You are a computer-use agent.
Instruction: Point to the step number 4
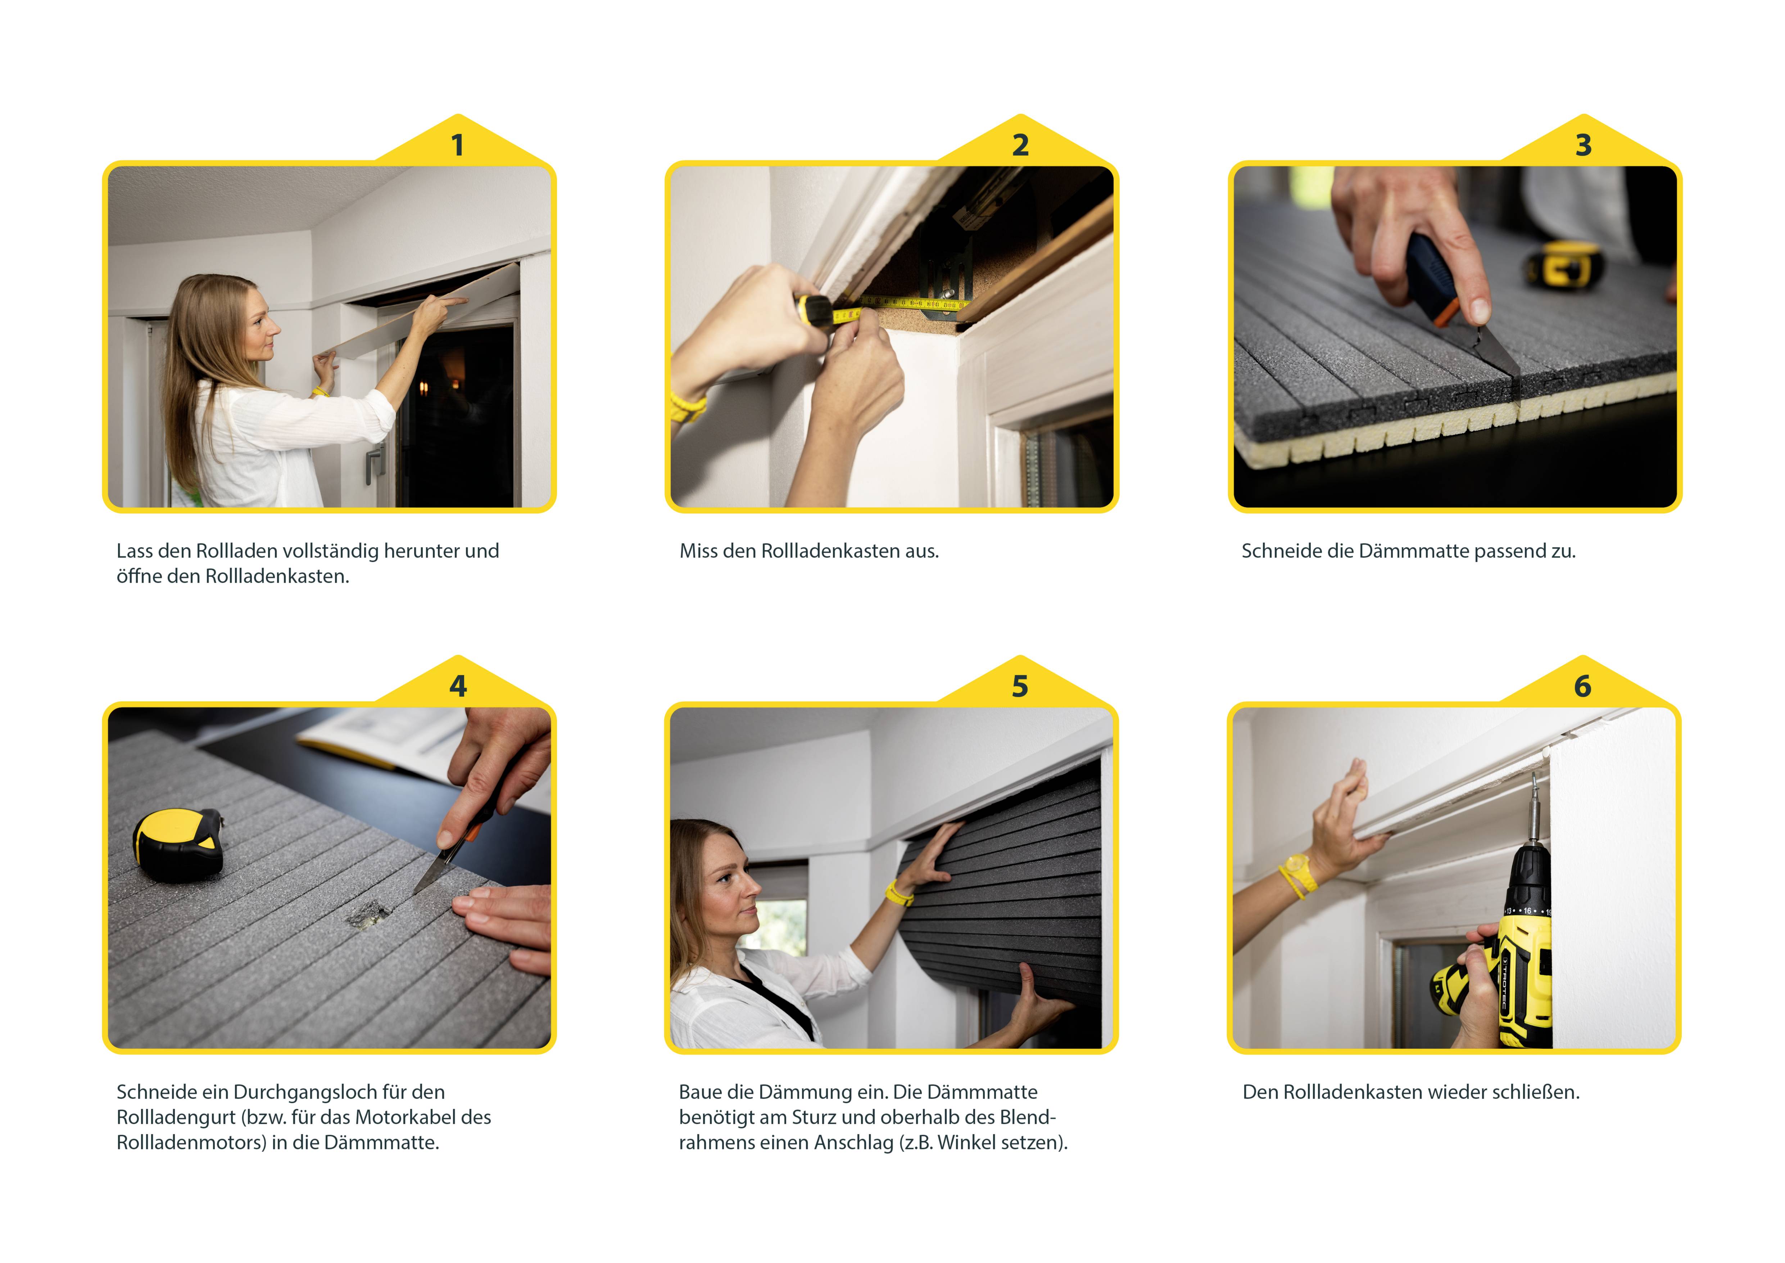(x=458, y=686)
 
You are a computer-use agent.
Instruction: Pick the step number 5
(x=1020, y=686)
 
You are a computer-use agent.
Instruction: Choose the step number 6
(x=1583, y=686)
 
